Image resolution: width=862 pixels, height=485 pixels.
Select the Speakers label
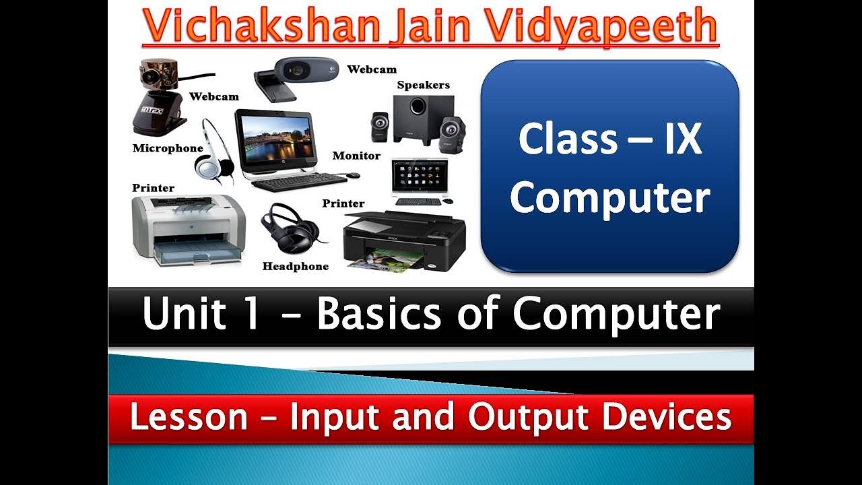[423, 85]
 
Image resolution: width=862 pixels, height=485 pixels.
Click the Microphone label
[168, 148]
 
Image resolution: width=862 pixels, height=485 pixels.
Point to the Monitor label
[356, 156]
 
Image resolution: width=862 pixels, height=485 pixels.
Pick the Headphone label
[295, 266]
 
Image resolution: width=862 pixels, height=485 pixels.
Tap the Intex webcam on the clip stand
[158, 98]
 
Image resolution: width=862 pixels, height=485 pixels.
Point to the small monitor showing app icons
[420, 177]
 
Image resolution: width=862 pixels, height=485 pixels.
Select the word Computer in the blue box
[609, 198]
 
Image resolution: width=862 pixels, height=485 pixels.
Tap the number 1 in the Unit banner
[251, 315]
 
